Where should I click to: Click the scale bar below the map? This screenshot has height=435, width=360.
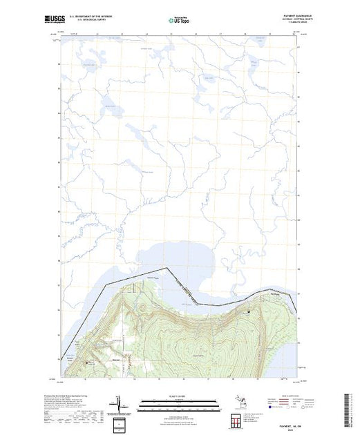pyautogui.click(x=179, y=403)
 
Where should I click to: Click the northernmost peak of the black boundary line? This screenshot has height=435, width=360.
pyautogui.click(x=166, y=267)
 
